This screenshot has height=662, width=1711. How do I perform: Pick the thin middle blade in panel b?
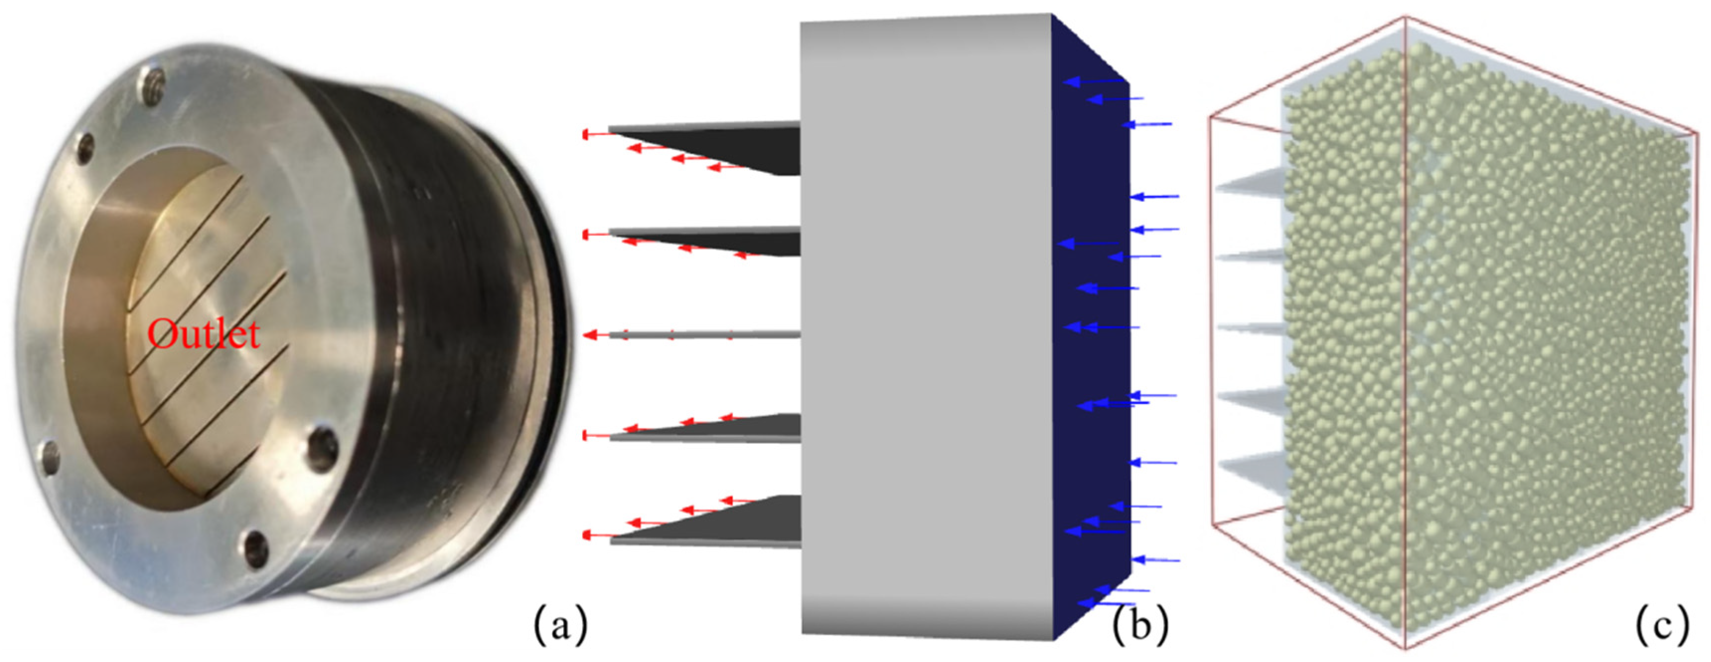tap(704, 334)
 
